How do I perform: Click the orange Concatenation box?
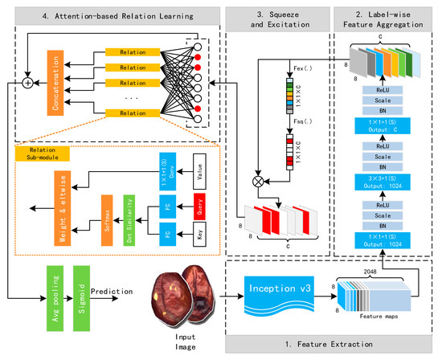(x=56, y=82)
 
